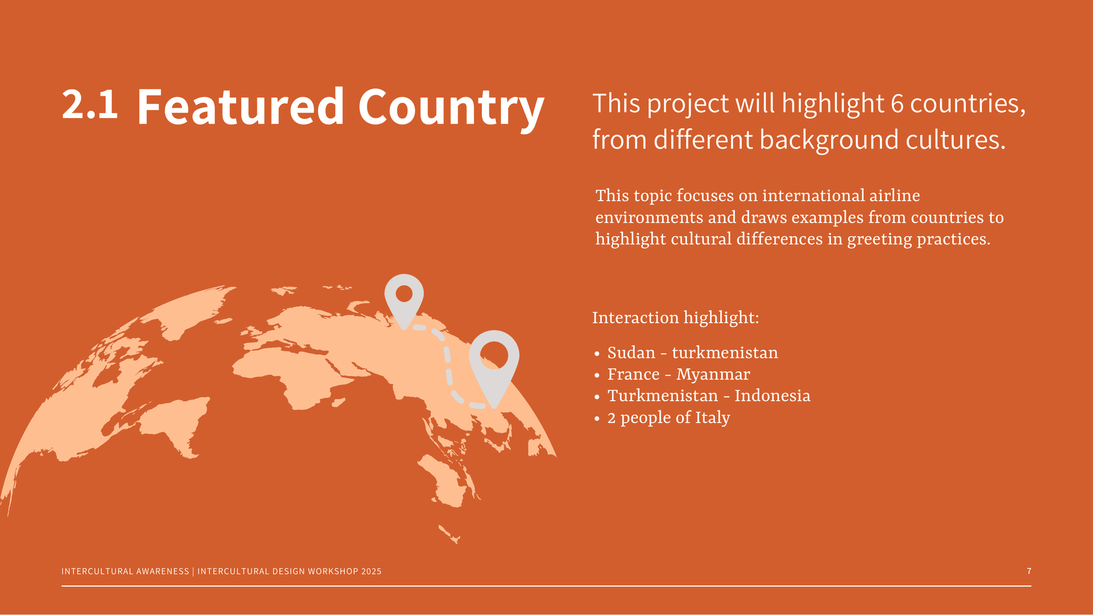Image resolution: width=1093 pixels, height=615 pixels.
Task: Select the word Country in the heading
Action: [451, 109]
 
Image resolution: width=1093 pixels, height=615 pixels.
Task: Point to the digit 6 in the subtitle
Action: [897, 104]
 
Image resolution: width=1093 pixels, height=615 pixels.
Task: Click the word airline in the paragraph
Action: [895, 195]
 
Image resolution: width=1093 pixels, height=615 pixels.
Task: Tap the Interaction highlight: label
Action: [675, 318]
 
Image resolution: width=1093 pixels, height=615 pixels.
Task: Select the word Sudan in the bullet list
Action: [631, 353]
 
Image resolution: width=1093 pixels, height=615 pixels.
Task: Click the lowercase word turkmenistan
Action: [725, 353]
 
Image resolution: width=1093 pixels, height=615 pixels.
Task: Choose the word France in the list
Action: [633, 374]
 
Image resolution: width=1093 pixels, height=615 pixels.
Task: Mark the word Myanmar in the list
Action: [713, 375]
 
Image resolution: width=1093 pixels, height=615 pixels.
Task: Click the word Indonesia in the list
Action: [772, 396]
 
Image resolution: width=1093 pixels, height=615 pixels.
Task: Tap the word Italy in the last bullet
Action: [713, 418]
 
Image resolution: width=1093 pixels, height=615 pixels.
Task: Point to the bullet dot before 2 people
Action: [597, 419]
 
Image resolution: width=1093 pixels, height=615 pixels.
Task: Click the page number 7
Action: [1029, 571]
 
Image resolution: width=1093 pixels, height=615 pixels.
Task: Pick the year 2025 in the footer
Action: [371, 571]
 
